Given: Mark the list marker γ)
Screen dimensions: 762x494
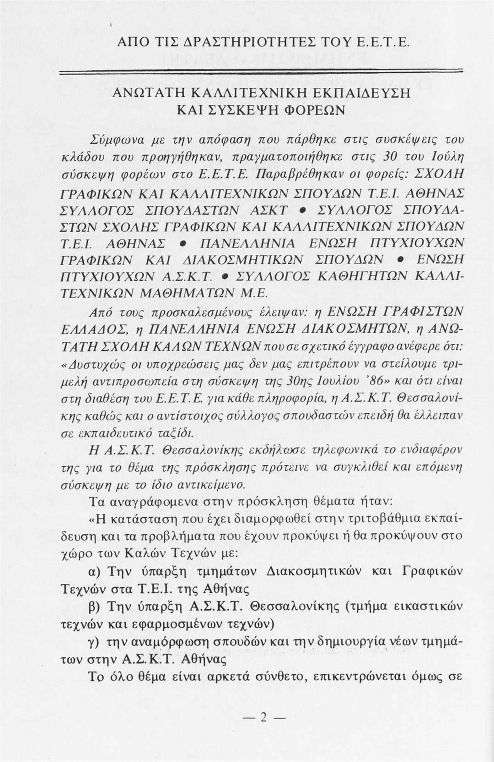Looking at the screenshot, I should (x=96, y=642).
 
